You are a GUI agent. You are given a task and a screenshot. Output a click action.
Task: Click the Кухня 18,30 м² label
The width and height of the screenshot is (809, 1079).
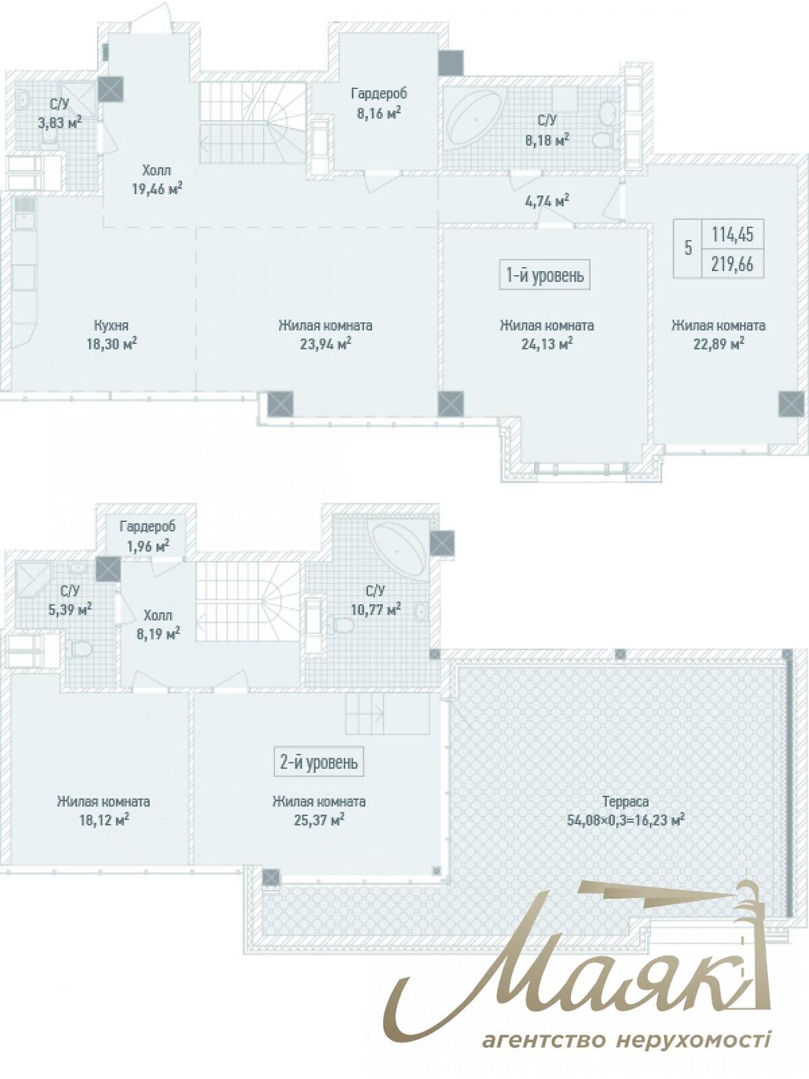coord(111,334)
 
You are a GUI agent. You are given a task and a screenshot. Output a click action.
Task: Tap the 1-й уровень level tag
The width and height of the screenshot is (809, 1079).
coord(545,276)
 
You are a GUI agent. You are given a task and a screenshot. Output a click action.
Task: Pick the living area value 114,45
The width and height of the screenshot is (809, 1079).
coord(732,235)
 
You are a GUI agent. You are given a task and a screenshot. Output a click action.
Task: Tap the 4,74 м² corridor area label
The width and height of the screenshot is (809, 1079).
coord(545,200)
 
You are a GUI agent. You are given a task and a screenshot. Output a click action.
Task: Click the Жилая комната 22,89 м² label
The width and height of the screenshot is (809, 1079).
coord(718,334)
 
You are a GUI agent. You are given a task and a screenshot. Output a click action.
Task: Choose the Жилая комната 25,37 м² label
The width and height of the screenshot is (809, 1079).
coord(319,811)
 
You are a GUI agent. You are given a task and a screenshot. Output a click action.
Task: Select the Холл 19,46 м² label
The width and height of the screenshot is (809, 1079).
coord(156,179)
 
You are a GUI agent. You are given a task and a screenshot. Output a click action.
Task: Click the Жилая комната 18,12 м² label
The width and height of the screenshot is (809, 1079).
coord(103,811)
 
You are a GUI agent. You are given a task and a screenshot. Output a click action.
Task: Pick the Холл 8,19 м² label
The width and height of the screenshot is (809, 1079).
coord(158,624)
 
